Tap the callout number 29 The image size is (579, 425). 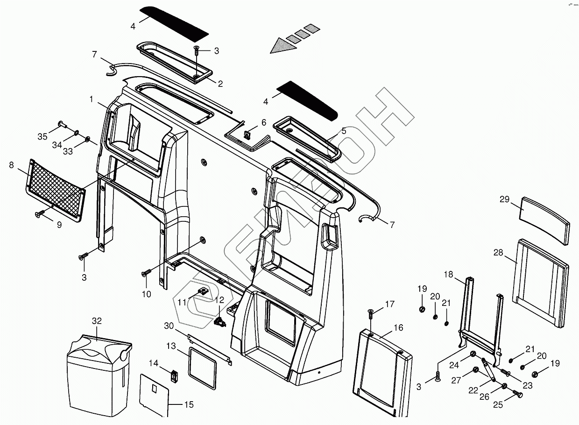pyautogui.click(x=504, y=199)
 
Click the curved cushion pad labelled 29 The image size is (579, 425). pyautogui.click(x=544, y=220)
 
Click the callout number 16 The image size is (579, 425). pyautogui.click(x=398, y=328)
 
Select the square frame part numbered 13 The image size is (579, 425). pyautogui.click(x=203, y=367)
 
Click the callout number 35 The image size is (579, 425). pyautogui.click(x=42, y=136)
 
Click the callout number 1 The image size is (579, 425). pyautogui.click(x=92, y=99)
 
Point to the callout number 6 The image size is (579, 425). pyautogui.click(x=264, y=122)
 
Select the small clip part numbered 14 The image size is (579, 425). pyautogui.click(x=174, y=375)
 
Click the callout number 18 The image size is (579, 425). pyautogui.click(x=448, y=275)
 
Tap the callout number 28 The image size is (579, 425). pyautogui.click(x=498, y=253)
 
